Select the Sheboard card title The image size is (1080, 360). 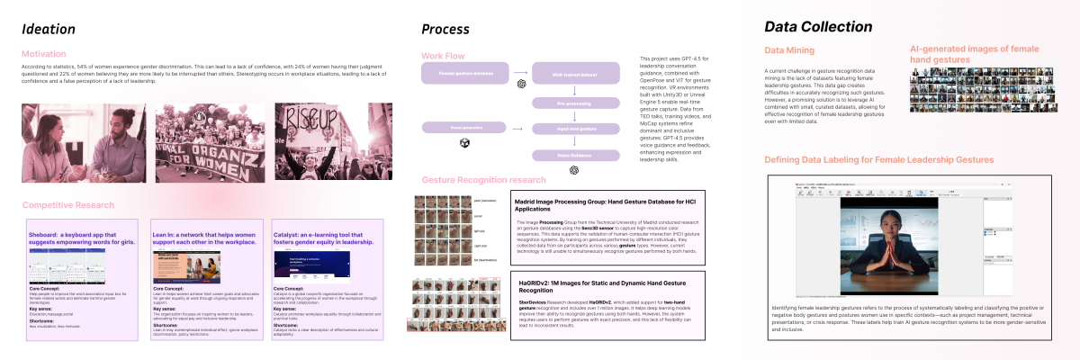[x=79, y=237]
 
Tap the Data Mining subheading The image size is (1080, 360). [x=789, y=49]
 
